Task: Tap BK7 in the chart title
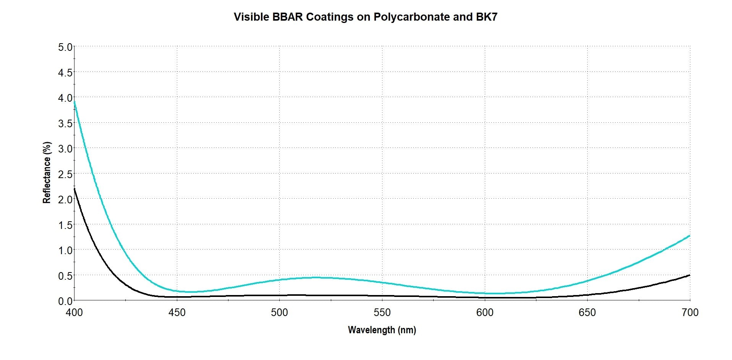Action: click(486, 17)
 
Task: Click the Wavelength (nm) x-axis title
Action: click(382, 330)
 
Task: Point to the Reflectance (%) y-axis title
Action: click(47, 173)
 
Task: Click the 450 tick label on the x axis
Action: click(177, 313)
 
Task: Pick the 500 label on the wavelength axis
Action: click(279, 313)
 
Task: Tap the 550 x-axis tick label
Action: click(382, 313)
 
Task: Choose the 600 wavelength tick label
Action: click(484, 313)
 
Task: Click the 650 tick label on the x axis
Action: click(587, 313)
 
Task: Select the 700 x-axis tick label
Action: click(690, 313)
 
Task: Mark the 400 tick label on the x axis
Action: click(74, 313)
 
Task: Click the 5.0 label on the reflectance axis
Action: click(65, 47)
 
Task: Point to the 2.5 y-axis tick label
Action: click(65, 174)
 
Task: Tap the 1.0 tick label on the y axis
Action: click(65, 250)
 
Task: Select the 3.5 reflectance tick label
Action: click(65, 123)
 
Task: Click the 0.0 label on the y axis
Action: click(65, 301)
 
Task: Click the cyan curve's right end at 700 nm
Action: click(689, 236)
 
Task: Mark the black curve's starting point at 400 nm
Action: click(74, 189)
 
